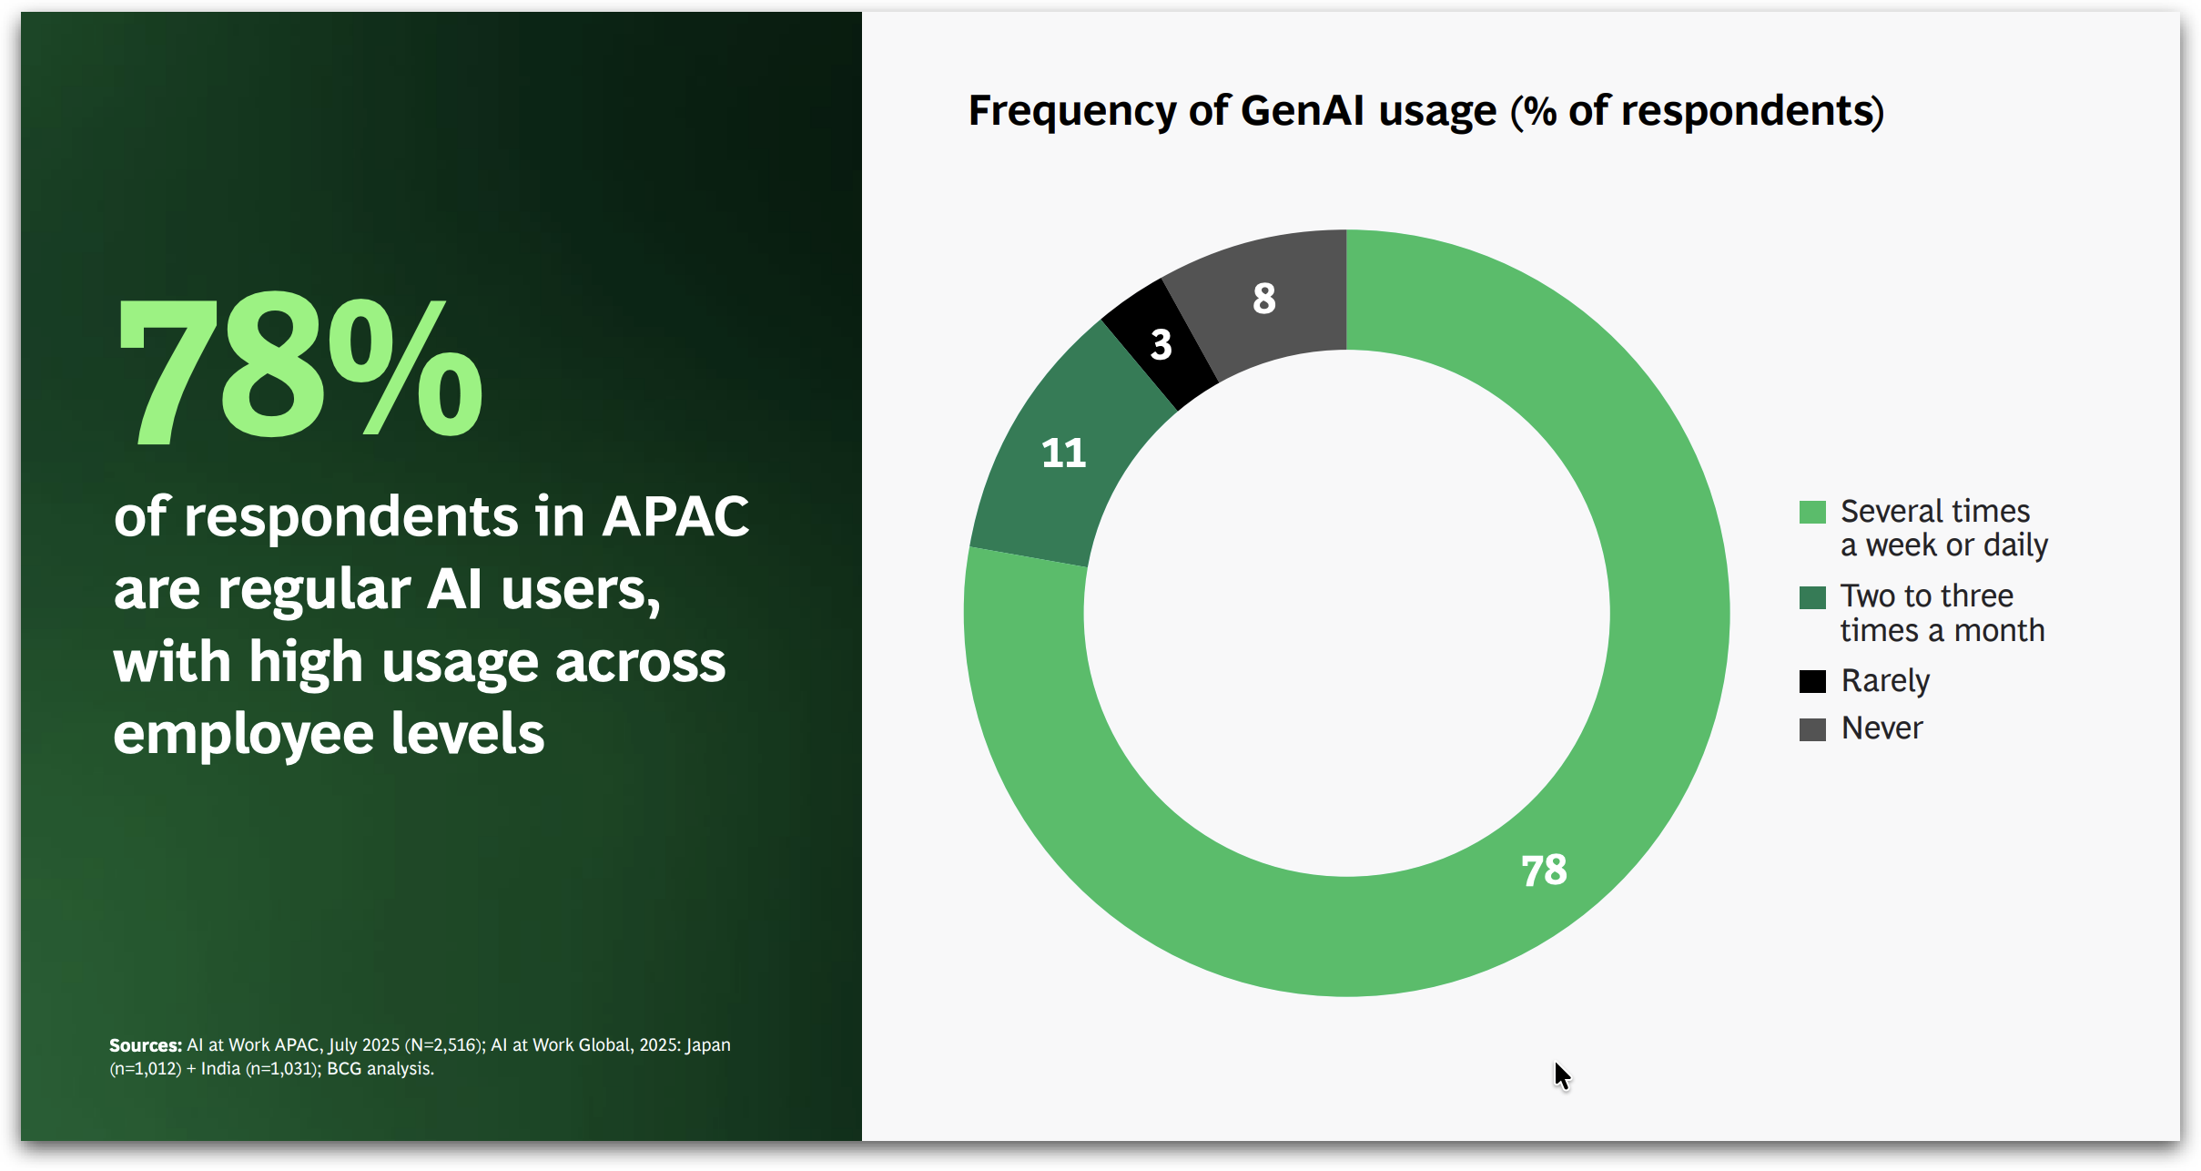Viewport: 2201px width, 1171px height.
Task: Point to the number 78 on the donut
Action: coord(1544,871)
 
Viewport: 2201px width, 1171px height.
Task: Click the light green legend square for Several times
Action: coord(1812,512)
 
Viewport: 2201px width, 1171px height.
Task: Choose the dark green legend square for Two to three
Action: coord(1812,597)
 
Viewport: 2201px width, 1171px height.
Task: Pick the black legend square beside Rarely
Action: coord(1812,681)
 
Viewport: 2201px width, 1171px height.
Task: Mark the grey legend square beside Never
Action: coord(1812,729)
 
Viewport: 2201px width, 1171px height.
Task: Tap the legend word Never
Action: coord(1881,728)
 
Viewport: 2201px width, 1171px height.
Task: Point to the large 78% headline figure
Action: coord(299,370)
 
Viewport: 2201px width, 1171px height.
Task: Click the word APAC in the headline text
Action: coord(675,517)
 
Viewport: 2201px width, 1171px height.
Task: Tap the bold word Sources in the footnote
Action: coord(146,1045)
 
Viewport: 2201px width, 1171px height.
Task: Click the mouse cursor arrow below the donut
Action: coord(1562,1076)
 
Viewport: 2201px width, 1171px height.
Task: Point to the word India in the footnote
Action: coord(220,1069)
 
